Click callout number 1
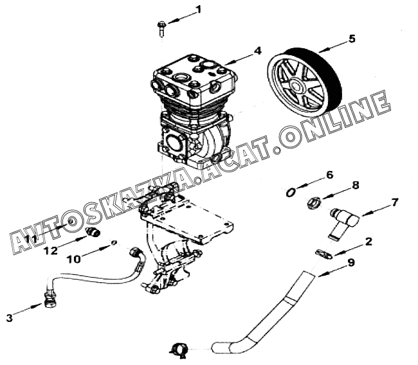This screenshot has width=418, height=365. pos(198,10)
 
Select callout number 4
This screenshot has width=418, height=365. pos(257,49)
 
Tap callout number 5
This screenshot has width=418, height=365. pos(351,39)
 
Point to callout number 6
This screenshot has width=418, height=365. pos(329,175)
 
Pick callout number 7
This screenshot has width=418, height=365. pos(395,203)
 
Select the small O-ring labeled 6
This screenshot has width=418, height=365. pos(291,191)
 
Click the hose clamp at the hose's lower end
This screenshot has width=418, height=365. pos(178,349)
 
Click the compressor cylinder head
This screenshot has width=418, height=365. pos(193,80)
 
